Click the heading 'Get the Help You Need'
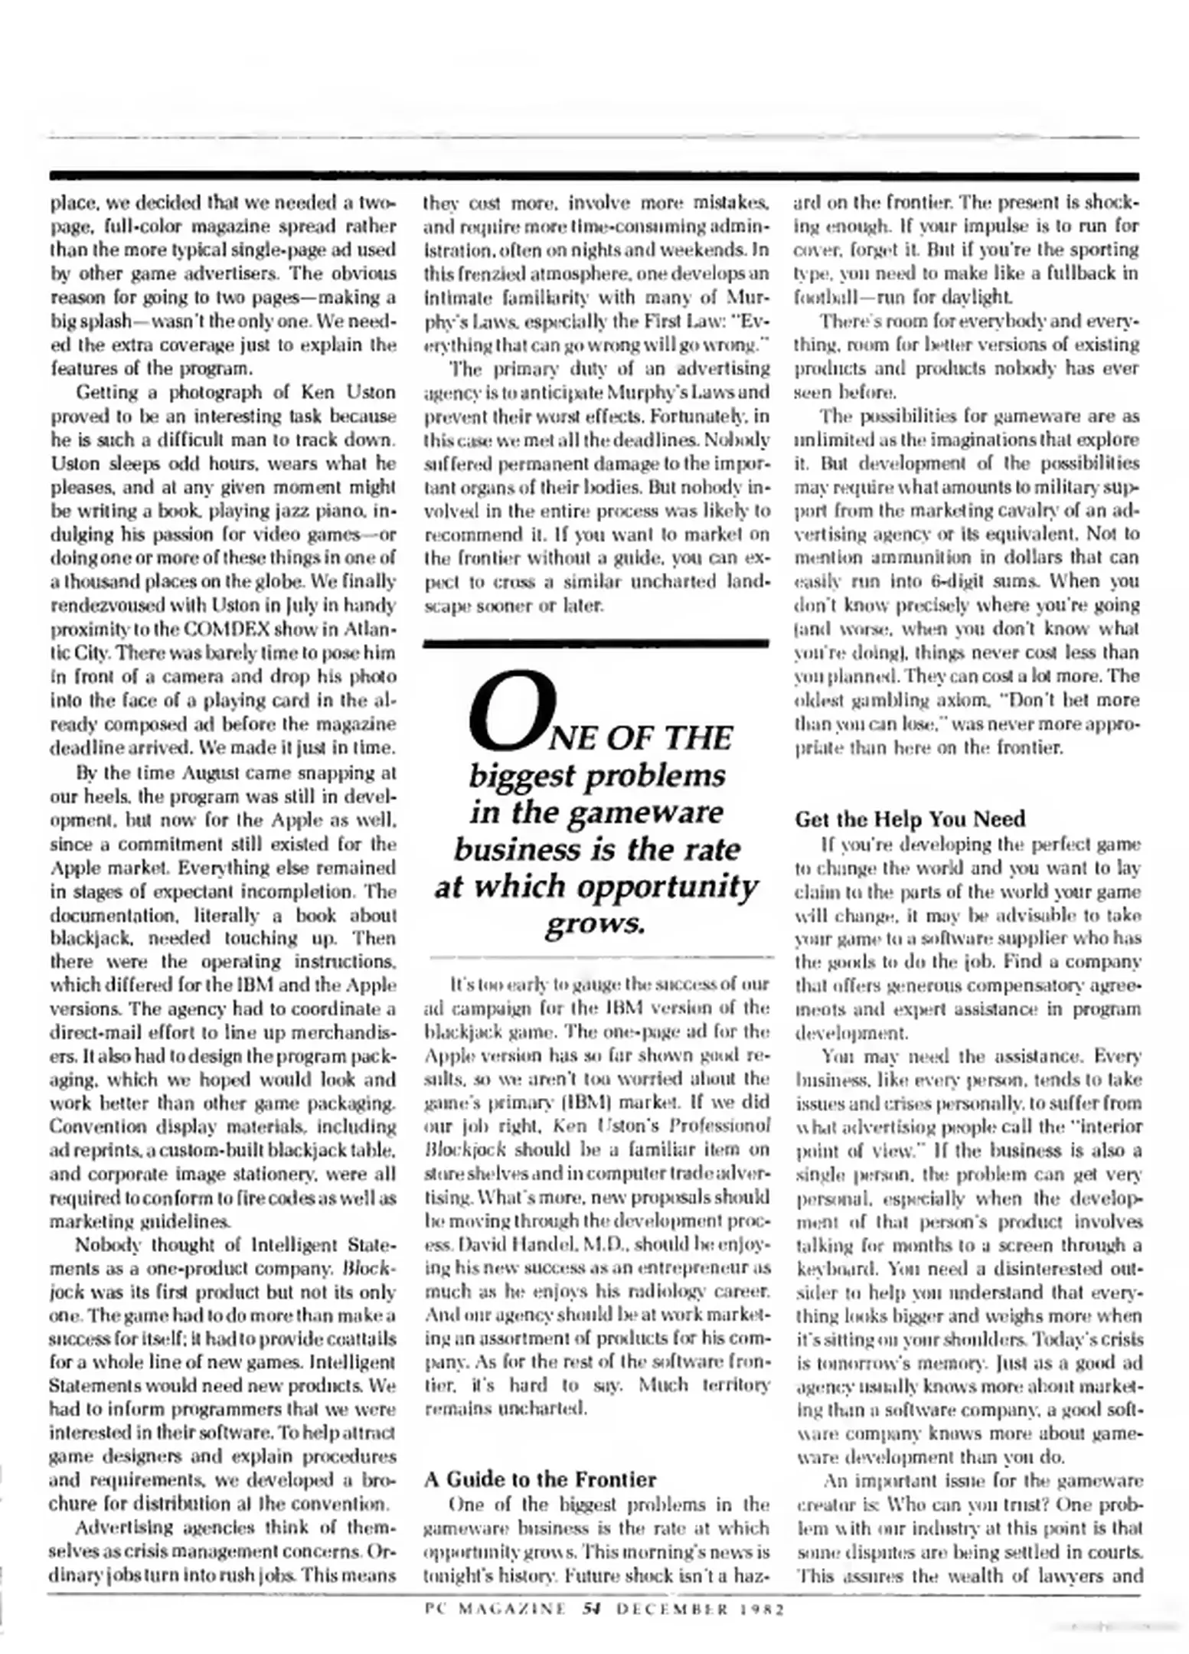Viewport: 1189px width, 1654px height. [910, 819]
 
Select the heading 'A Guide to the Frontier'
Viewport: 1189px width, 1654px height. [540, 1479]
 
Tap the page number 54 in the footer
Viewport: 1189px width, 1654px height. [590, 1610]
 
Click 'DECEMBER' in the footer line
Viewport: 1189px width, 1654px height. [666, 1610]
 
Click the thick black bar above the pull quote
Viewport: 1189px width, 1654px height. [596, 644]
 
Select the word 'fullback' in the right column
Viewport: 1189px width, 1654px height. [1071, 273]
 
